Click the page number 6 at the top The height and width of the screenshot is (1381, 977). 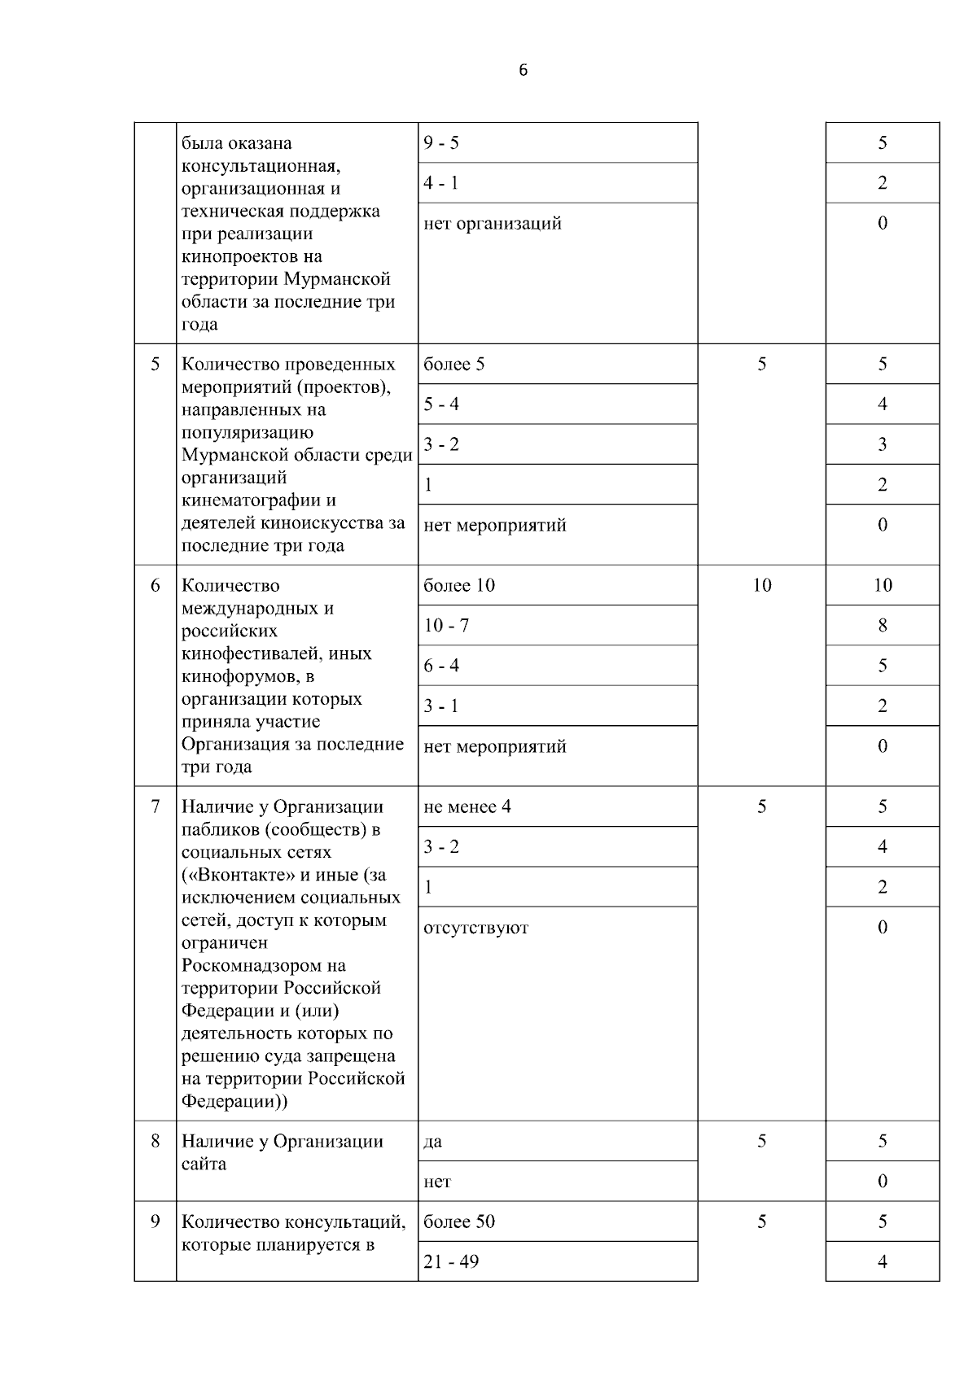(523, 71)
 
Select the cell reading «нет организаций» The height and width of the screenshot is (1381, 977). (493, 224)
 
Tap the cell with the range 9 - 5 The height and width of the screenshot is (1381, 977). (441, 143)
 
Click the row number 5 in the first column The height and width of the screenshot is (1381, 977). (156, 364)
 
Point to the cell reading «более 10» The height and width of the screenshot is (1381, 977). (459, 586)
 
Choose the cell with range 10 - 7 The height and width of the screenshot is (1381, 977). (446, 626)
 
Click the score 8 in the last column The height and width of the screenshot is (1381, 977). (883, 626)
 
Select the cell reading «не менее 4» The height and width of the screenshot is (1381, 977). (467, 807)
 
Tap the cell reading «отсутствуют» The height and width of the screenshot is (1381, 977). (476, 928)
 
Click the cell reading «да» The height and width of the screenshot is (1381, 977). (433, 1142)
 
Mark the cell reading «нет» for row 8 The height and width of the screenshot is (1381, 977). (437, 1182)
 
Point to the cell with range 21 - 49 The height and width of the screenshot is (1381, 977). (451, 1262)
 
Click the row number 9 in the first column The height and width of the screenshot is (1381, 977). (156, 1221)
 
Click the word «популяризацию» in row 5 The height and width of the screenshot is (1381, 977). (248, 432)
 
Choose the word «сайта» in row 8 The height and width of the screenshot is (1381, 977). (204, 1165)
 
